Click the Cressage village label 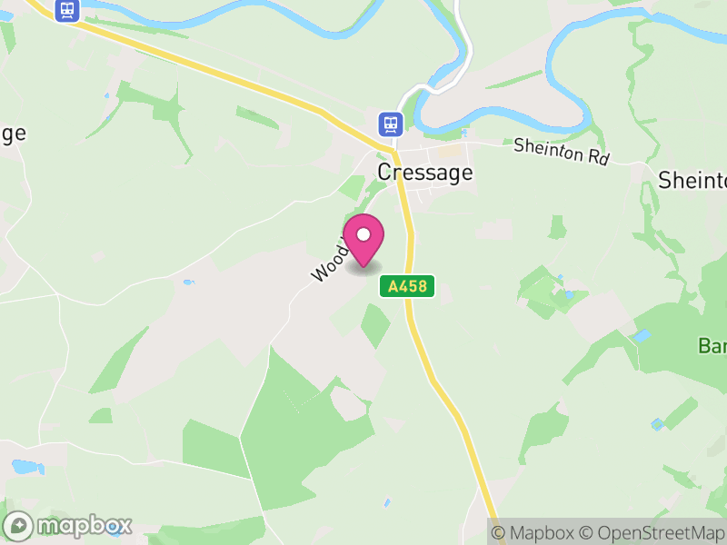click(x=425, y=172)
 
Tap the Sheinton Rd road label click(x=561, y=151)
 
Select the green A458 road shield click(x=407, y=287)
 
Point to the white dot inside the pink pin click(x=363, y=234)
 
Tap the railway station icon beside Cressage click(x=390, y=123)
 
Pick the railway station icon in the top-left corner click(x=65, y=10)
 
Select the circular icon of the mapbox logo click(x=19, y=526)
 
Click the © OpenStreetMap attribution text click(x=652, y=533)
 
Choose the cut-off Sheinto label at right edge click(x=692, y=180)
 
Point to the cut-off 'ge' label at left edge click(x=12, y=133)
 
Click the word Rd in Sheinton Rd click(x=597, y=157)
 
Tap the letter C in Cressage click(x=385, y=172)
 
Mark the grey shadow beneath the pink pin click(x=363, y=267)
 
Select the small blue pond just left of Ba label click(x=642, y=335)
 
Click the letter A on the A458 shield click(x=393, y=287)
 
